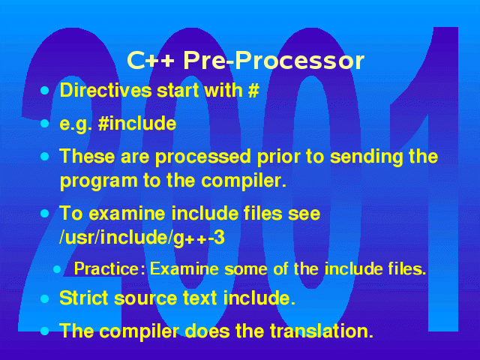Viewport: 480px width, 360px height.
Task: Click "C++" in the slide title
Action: click(x=150, y=60)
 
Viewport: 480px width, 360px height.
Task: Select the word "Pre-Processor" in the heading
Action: click(x=274, y=60)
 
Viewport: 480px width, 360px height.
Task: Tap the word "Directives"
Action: click(x=106, y=90)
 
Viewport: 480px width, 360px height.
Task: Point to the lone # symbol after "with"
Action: click(x=253, y=90)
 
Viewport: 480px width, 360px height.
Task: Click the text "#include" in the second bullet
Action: click(x=137, y=123)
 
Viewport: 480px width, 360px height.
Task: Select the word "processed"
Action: click(x=202, y=157)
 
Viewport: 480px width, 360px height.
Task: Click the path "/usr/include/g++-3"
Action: click(x=142, y=238)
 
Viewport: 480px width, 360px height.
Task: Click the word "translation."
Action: click(x=322, y=331)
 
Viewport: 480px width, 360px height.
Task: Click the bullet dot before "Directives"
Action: click(x=45, y=90)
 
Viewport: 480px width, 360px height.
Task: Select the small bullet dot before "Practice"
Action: click(x=57, y=269)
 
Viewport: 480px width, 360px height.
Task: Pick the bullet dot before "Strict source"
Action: click(x=45, y=298)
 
